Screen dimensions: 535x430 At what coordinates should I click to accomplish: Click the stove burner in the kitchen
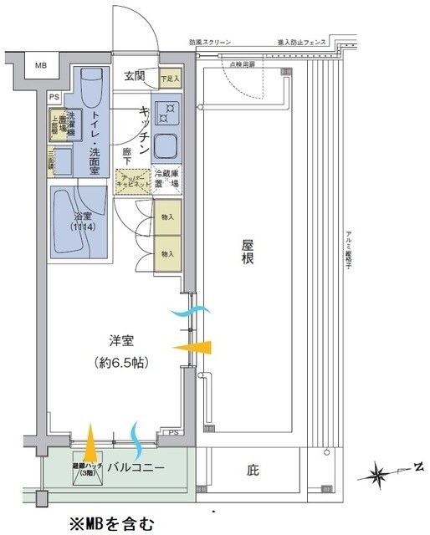click(x=168, y=112)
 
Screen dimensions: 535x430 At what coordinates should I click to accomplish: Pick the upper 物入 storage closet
click(x=167, y=218)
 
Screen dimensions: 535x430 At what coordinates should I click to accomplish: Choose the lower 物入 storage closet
click(x=167, y=253)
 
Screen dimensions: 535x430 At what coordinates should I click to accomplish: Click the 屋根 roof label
click(x=248, y=253)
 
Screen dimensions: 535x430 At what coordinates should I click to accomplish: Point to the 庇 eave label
click(x=253, y=471)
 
